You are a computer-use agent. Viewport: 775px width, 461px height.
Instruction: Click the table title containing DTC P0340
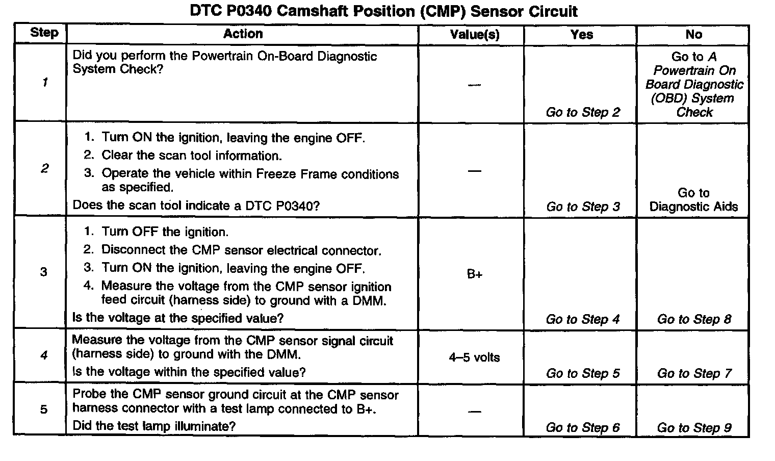click(x=383, y=11)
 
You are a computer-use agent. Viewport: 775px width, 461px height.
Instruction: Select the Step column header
click(x=44, y=33)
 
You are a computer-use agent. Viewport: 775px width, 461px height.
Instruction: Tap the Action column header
click(x=243, y=34)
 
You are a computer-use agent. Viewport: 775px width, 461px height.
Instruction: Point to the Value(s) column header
click(x=474, y=34)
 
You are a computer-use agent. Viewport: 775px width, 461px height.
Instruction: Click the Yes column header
click(x=582, y=34)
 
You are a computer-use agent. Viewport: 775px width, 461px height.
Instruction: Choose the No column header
click(x=693, y=34)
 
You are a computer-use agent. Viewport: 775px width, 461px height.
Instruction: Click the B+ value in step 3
click(x=474, y=274)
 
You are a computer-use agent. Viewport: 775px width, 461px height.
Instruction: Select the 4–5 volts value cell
click(x=474, y=357)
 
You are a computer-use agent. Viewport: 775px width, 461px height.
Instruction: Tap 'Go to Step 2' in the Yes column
click(x=583, y=112)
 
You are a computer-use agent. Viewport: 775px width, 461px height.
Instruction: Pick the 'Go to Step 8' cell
click(x=694, y=319)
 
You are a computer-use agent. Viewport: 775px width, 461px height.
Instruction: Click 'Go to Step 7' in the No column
click(x=694, y=373)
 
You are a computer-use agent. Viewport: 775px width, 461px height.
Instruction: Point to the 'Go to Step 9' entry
click(x=694, y=427)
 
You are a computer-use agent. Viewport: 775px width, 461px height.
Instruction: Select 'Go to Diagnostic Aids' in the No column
click(x=693, y=200)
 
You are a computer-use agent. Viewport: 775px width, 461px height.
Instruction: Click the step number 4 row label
click(x=44, y=355)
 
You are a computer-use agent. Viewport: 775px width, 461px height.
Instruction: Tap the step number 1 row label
click(x=45, y=82)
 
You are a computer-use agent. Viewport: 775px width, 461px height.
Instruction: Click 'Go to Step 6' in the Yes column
click(x=583, y=427)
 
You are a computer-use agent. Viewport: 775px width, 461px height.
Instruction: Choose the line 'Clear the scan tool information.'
click(x=191, y=155)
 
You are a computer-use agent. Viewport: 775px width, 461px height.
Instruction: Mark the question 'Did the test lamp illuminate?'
click(x=154, y=426)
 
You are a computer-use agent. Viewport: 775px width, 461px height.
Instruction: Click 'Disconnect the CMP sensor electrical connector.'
click(x=241, y=250)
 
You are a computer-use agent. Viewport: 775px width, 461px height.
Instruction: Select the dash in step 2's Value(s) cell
click(x=474, y=171)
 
